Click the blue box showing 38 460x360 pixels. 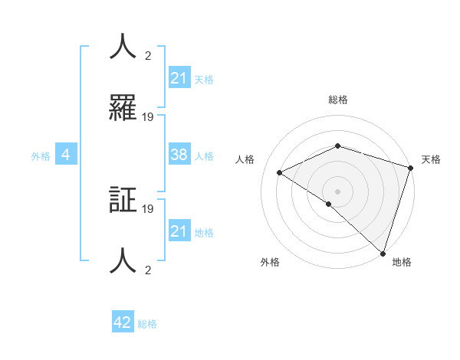(179, 155)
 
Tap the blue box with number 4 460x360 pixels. (66, 155)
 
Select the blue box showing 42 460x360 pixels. (123, 322)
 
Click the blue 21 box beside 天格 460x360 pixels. (179, 78)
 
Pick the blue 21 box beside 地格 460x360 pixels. (179, 231)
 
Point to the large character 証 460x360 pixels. (123, 201)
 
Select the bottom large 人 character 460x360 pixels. (123, 262)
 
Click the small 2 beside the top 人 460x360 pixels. (148, 55)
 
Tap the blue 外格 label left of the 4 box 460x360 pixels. (41, 155)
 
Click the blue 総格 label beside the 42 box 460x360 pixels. (147, 324)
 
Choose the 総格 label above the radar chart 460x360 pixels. (337, 100)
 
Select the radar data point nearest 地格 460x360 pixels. (382, 253)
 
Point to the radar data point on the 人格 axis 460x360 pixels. (280, 172)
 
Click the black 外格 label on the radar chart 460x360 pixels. (270, 263)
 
